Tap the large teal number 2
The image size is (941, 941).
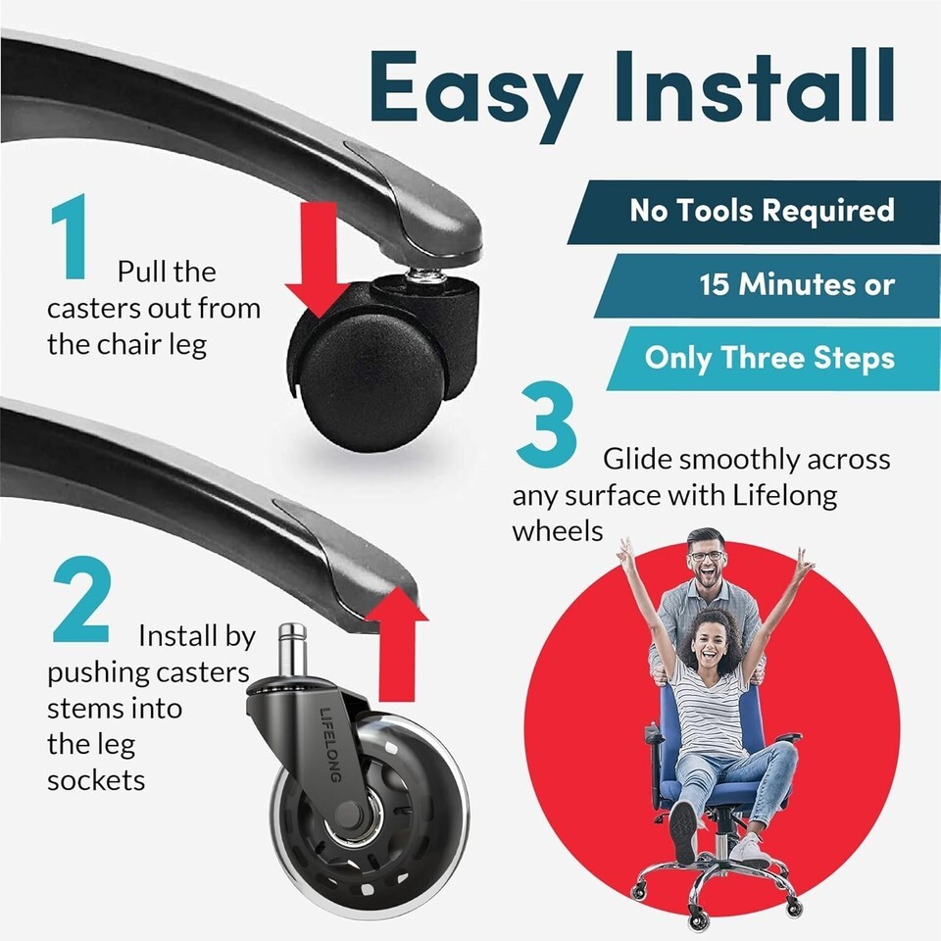coord(82,599)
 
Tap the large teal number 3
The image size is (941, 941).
coord(546,423)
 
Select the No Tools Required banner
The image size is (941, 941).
coord(754,212)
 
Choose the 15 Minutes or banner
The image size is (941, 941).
coord(767,285)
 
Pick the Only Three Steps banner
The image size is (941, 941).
coord(773,359)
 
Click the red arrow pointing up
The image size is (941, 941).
coord(397,645)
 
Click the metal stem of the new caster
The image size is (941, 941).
coord(293,649)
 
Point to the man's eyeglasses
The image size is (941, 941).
coord(707,555)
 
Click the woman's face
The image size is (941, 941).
coord(712,643)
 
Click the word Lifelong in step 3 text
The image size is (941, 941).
coord(784,496)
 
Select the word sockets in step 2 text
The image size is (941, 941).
coord(96,781)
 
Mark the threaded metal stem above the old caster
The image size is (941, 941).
coord(426,273)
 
